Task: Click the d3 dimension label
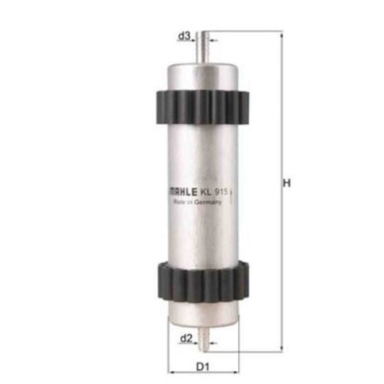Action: coord(184,36)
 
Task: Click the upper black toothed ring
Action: coord(202,103)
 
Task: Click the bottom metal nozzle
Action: coord(202,339)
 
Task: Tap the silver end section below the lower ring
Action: coord(202,313)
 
